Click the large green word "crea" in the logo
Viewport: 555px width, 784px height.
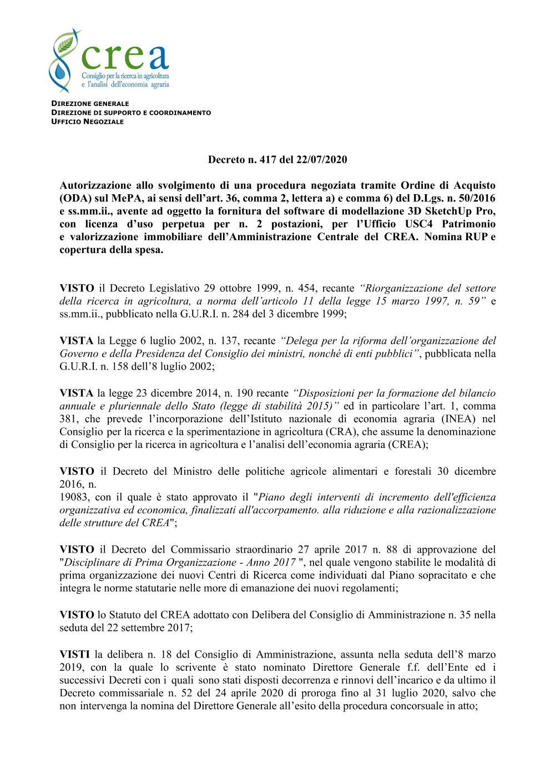tap(125, 57)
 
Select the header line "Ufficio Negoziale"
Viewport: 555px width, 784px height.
tap(87, 122)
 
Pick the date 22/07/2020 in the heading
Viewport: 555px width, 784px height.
tap(321, 160)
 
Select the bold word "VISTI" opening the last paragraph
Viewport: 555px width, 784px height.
tap(74, 655)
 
